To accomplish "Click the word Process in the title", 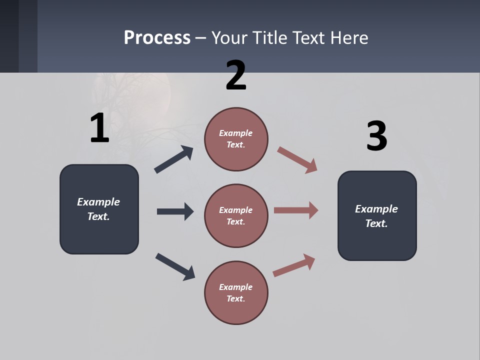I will point(157,38).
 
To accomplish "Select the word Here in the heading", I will point(348,38).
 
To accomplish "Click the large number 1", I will point(99,128).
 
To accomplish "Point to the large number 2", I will point(236,75).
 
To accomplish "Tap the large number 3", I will point(376,136).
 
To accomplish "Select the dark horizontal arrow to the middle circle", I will point(175,211).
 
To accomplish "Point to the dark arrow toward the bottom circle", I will point(175,266).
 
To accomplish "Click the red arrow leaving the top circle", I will point(297,160).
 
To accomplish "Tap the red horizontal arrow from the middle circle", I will point(296,210).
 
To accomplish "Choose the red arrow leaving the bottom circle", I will point(294,265).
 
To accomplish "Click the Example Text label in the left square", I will point(98,209).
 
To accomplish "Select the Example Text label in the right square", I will point(376,216).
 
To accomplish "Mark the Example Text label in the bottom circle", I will point(236,292).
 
